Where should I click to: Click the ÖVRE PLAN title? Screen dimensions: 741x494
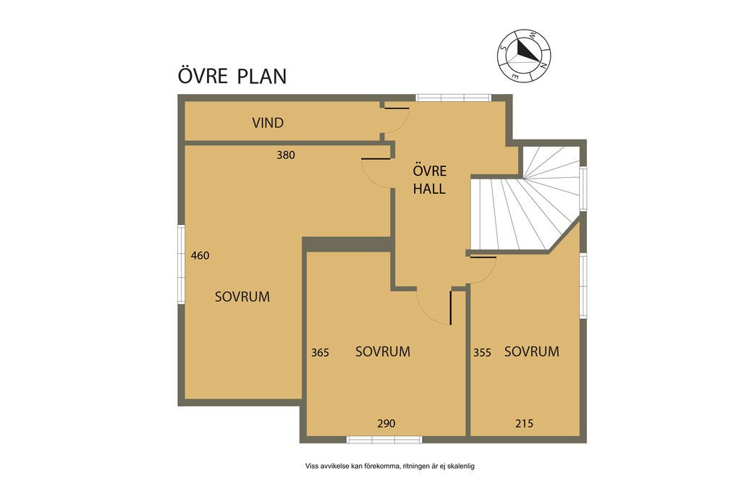(x=232, y=75)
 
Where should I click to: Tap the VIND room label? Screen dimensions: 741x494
(x=268, y=123)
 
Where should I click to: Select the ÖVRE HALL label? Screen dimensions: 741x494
(x=429, y=179)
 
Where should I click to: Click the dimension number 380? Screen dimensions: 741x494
(x=286, y=155)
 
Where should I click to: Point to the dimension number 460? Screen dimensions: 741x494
(x=200, y=255)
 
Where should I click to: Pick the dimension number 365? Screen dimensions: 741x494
(x=320, y=352)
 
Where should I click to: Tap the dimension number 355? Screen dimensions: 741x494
(x=482, y=352)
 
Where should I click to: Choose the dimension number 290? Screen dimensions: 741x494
(x=386, y=424)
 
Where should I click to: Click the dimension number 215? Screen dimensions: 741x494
(x=524, y=424)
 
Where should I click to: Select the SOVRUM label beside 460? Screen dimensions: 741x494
(x=242, y=297)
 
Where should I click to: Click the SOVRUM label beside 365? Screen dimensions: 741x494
(x=383, y=352)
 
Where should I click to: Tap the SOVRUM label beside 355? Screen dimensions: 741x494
(x=532, y=352)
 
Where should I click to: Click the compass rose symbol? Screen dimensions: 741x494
(x=524, y=56)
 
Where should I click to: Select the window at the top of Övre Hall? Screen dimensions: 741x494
(x=453, y=98)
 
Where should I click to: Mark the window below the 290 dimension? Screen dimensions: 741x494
(x=384, y=440)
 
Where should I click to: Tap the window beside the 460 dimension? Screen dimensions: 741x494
(x=181, y=265)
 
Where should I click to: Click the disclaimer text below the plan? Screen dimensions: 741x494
(x=390, y=466)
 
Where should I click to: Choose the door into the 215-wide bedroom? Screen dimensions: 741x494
(x=483, y=270)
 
